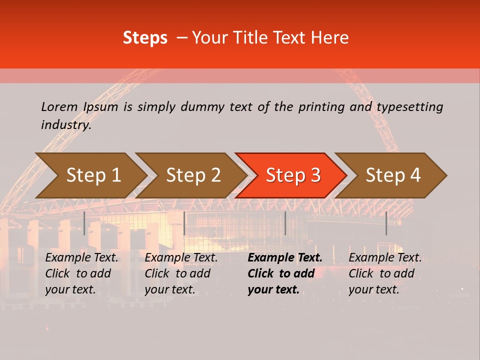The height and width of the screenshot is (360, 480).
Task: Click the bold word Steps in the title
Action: click(145, 38)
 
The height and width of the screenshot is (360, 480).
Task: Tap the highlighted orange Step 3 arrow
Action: click(293, 175)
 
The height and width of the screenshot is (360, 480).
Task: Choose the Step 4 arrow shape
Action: click(393, 175)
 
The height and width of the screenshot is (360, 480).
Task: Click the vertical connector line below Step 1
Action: click(84, 223)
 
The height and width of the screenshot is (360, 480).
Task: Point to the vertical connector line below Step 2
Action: click(184, 223)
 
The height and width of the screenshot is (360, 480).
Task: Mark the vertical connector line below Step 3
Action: click(285, 223)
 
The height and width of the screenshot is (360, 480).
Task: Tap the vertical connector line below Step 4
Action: click(386, 223)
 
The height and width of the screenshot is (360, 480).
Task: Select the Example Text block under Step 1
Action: click(82, 273)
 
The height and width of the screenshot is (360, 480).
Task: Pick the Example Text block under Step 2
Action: click(181, 273)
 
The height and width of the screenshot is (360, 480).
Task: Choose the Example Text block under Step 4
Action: click(385, 273)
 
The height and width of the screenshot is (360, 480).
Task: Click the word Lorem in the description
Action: click(59, 106)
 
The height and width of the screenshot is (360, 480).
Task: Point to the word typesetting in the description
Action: click(409, 106)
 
